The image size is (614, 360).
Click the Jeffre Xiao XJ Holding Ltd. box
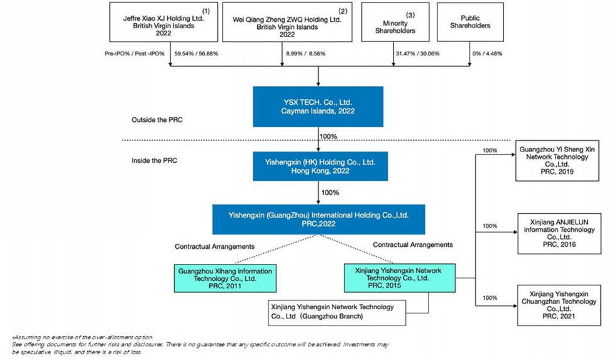point(163,22)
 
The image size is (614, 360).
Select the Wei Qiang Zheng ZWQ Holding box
point(287,22)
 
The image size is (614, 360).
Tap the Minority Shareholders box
point(395,22)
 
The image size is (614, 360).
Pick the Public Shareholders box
point(470,22)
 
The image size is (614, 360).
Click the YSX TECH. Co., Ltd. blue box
point(318,106)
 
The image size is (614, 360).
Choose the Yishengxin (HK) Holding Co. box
point(321,166)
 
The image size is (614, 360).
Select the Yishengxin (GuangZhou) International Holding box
point(319,219)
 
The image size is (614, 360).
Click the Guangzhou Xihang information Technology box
point(225,278)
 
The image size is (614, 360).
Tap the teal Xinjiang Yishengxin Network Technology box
point(400,278)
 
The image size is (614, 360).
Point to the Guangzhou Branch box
point(337,313)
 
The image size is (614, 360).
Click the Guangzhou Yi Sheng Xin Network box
point(557,160)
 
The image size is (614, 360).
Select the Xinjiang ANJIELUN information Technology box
point(559,234)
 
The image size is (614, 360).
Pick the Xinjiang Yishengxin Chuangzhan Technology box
point(559,305)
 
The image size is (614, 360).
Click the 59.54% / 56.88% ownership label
point(196,53)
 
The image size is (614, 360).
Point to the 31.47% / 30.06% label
point(417,53)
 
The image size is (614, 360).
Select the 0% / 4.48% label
point(487,53)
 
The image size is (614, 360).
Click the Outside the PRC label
point(157,120)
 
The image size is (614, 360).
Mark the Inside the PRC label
point(154,160)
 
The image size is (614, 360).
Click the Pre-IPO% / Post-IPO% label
point(134,53)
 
